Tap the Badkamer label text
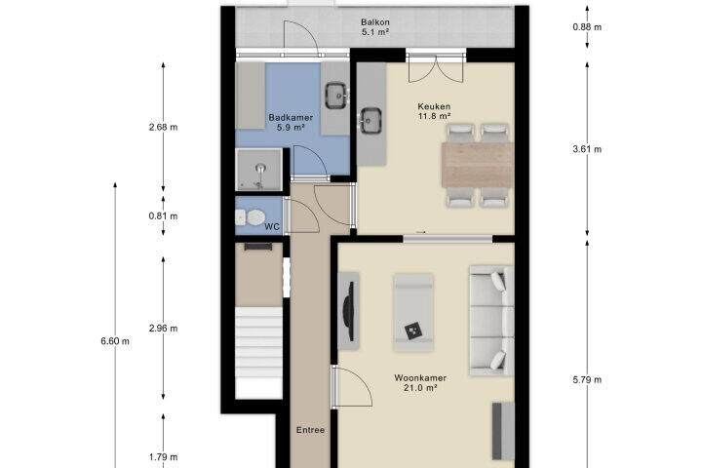291,118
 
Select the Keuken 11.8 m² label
434,111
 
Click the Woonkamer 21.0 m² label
420,383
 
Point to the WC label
272,226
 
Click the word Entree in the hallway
310,430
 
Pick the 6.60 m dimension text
115,341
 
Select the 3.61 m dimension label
587,149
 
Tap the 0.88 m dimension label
587,27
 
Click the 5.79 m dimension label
587,380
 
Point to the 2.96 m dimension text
163,329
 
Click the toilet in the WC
250,217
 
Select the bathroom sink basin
336,96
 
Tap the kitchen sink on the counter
371,121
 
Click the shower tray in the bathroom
258,170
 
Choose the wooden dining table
477,165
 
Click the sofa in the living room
491,321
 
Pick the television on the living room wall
350,312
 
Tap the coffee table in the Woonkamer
413,313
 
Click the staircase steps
258,342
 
